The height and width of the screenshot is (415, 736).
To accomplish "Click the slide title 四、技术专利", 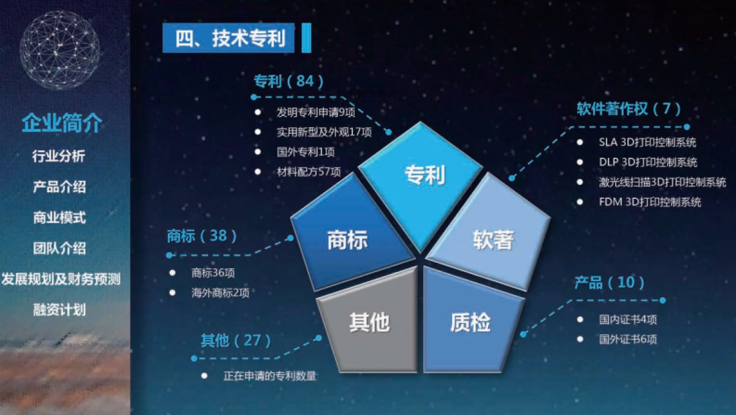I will tap(231, 39).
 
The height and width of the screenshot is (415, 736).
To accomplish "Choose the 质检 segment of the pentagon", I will tap(469, 322).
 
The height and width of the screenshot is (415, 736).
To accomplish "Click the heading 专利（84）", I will tap(288, 82).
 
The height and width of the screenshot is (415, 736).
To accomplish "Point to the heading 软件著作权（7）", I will tap(628, 109).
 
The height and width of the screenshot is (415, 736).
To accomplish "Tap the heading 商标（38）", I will tap(202, 236).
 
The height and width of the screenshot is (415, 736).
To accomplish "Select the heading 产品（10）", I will tap(610, 283).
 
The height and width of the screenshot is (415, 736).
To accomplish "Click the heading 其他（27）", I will tap(236, 341).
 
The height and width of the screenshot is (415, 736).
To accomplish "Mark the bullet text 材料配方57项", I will tap(309, 172).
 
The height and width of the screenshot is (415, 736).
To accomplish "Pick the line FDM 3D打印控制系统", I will tap(650, 202).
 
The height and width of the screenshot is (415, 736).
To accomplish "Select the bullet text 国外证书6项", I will tap(628, 339).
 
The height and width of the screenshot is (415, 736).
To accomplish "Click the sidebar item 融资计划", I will tap(59, 310).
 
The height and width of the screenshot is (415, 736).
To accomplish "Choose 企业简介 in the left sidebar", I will tap(61, 123).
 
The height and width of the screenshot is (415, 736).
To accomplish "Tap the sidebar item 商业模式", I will tap(59, 217).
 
